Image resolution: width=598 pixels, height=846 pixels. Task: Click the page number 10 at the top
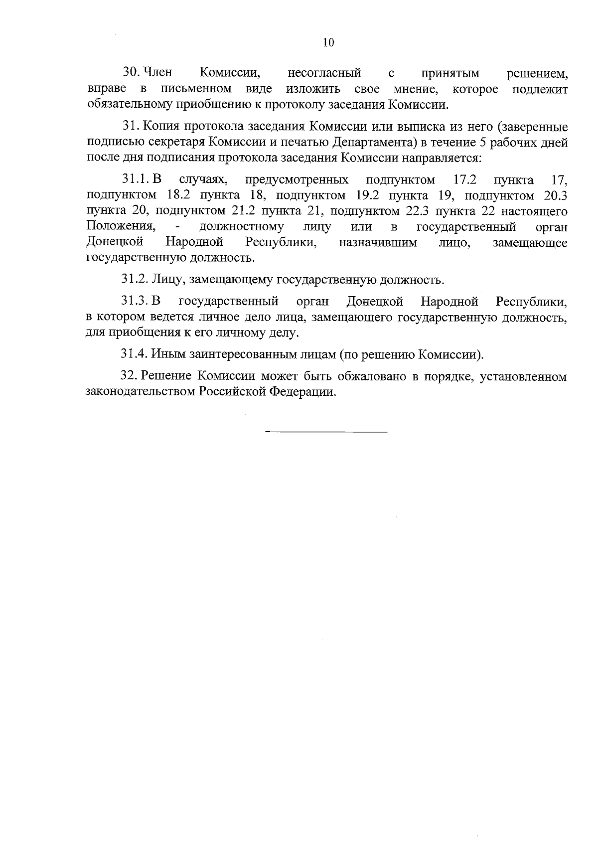(328, 43)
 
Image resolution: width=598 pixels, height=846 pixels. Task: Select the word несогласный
(324, 74)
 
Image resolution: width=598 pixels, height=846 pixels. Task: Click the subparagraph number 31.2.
(133, 280)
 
